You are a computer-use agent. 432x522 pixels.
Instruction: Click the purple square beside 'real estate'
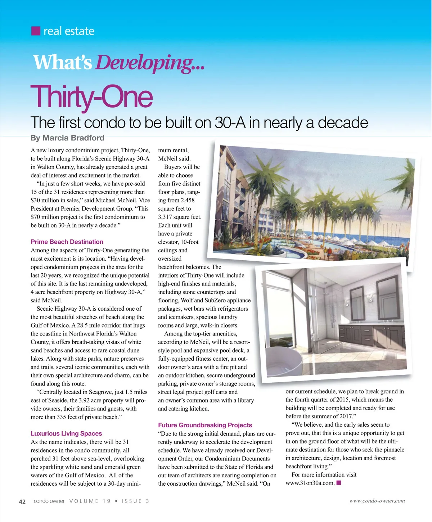coord(36,31)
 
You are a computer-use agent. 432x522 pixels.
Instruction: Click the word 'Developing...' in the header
coord(150,63)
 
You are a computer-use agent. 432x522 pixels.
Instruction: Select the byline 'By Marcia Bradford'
coord(67,138)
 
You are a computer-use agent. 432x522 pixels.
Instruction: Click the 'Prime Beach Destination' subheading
coord(67,242)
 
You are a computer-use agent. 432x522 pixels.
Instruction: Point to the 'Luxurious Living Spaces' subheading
coord(66,433)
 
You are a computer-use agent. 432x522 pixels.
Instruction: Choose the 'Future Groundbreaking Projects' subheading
coord(205,425)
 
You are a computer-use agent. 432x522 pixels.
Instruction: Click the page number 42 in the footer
coord(22,501)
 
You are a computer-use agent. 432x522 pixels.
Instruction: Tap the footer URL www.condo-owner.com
coord(377,501)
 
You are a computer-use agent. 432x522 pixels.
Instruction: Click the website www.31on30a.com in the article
coord(310,483)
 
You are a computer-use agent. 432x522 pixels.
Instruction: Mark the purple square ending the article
coord(338,483)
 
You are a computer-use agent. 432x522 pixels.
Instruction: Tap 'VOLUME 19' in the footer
coord(90,501)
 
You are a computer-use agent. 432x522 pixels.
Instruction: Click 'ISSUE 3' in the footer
coord(135,501)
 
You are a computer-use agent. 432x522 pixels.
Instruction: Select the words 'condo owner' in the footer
coord(49,501)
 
